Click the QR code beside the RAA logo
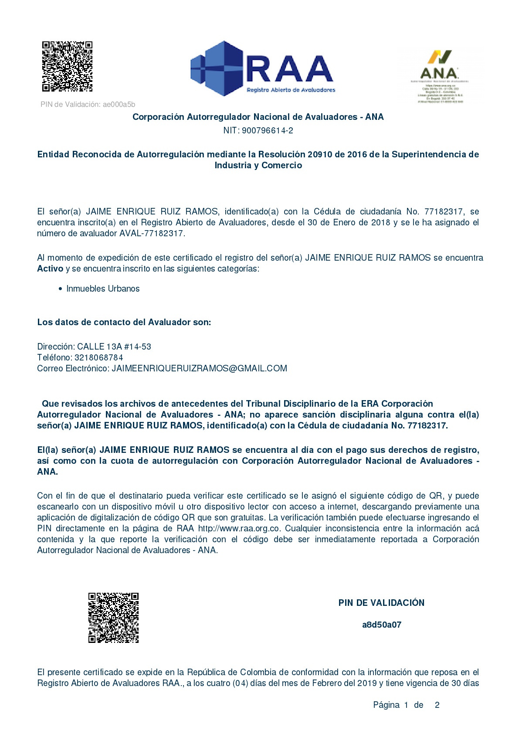pyautogui.click(x=67, y=66)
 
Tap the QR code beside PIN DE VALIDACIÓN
pyautogui.click(x=113, y=617)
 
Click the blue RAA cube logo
pyautogui.click(x=217, y=68)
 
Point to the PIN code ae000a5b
pyautogui.click(x=119, y=105)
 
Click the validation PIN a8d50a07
pyautogui.click(x=382, y=625)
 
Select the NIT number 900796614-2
pyautogui.click(x=267, y=130)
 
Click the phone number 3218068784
pyautogui.click(x=99, y=357)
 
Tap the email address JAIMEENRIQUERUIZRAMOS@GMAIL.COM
pyautogui.click(x=199, y=368)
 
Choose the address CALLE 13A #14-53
pyautogui.click(x=114, y=347)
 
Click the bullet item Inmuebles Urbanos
pyautogui.click(x=103, y=289)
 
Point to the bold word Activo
pyautogui.click(x=50, y=268)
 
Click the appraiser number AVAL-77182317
pyautogui.click(x=151, y=233)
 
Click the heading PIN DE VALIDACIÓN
pyautogui.click(x=381, y=603)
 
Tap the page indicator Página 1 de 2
pyautogui.click(x=406, y=705)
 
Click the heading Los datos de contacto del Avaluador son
pyautogui.click(x=124, y=322)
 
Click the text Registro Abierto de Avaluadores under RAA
pyautogui.click(x=291, y=90)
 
